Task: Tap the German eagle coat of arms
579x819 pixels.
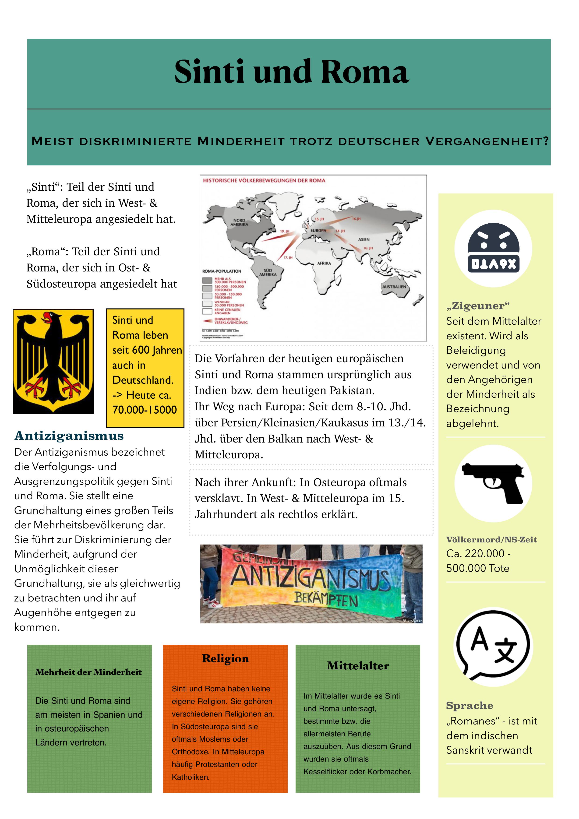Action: point(53,361)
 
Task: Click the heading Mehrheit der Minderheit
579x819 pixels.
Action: point(88,672)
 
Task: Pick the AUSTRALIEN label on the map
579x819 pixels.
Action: point(394,287)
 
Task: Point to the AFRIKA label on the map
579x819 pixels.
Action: point(324,263)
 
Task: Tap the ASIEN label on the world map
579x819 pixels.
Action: point(364,239)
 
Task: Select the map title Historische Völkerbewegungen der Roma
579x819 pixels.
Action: point(264,180)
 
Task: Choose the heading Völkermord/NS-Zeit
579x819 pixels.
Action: point(491,540)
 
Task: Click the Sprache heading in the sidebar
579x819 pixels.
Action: point(470,706)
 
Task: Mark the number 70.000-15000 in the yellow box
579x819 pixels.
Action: point(145,409)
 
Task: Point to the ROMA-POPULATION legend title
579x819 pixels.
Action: point(222,271)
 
